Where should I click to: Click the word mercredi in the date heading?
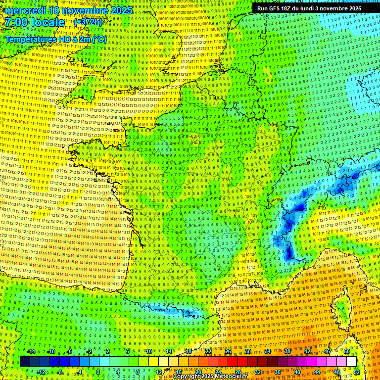click(x=25, y=10)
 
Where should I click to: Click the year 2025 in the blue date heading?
click(x=121, y=10)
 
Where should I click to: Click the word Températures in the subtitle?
click(x=29, y=39)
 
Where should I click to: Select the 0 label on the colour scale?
click(x=98, y=372)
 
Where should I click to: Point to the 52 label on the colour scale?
click(x=356, y=372)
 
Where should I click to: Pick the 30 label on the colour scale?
click(x=247, y=352)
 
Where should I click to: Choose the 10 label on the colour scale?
click(x=148, y=352)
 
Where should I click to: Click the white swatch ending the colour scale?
click(x=352, y=362)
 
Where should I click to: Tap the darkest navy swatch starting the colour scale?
click(x=25, y=362)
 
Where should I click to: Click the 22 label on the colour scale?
click(x=208, y=352)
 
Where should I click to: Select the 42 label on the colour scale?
click(x=307, y=352)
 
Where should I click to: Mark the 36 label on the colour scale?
click(x=277, y=372)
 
